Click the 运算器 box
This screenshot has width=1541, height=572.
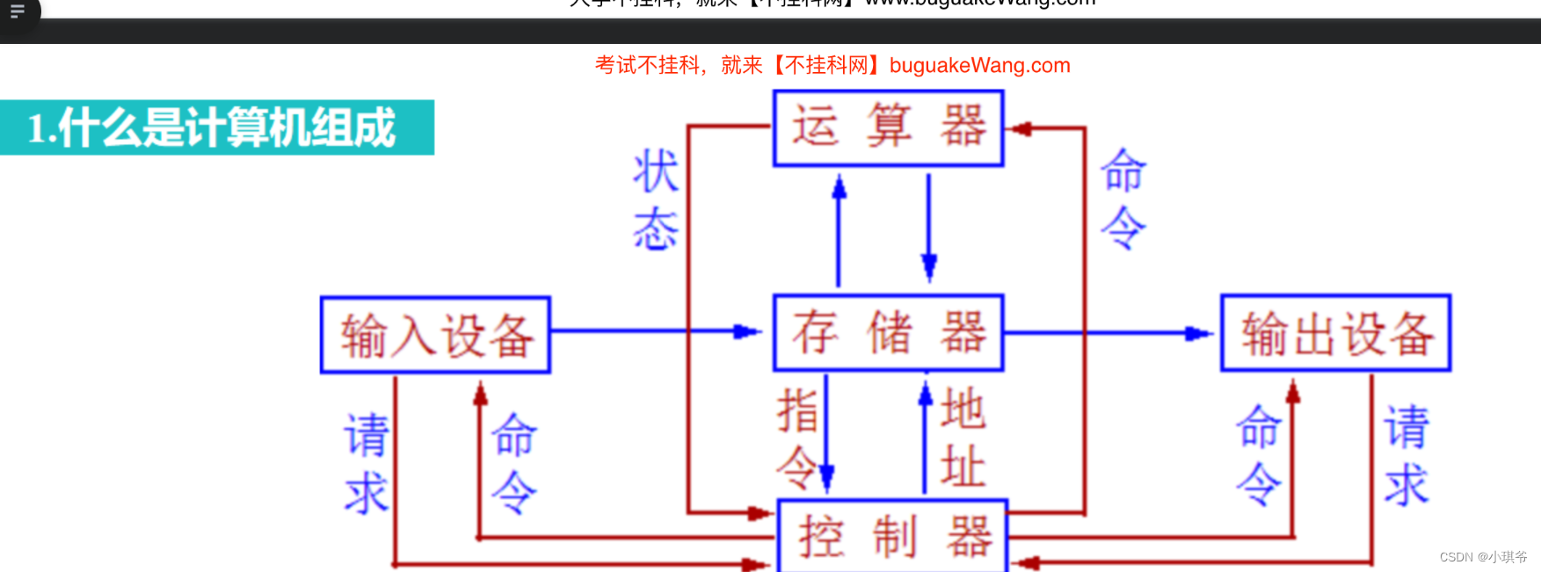tap(888, 128)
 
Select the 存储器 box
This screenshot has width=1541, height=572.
tap(888, 333)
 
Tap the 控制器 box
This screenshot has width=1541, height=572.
tap(892, 536)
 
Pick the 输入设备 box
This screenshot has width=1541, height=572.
tap(436, 335)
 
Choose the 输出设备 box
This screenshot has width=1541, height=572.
tap(1335, 333)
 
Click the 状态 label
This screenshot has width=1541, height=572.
tap(656, 199)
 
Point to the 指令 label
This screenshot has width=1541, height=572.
tap(797, 438)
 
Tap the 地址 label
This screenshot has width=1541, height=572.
tap(963, 438)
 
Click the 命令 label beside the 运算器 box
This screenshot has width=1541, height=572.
tap(1123, 199)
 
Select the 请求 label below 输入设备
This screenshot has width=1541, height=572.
tap(366, 463)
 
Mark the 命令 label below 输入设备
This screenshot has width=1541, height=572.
tap(513, 463)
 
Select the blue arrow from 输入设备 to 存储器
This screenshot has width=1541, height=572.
tap(655, 331)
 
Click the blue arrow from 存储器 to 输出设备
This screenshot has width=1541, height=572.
tap(1108, 333)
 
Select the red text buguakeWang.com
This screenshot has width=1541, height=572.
tap(979, 65)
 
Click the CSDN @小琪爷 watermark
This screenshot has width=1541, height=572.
tap(1483, 557)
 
